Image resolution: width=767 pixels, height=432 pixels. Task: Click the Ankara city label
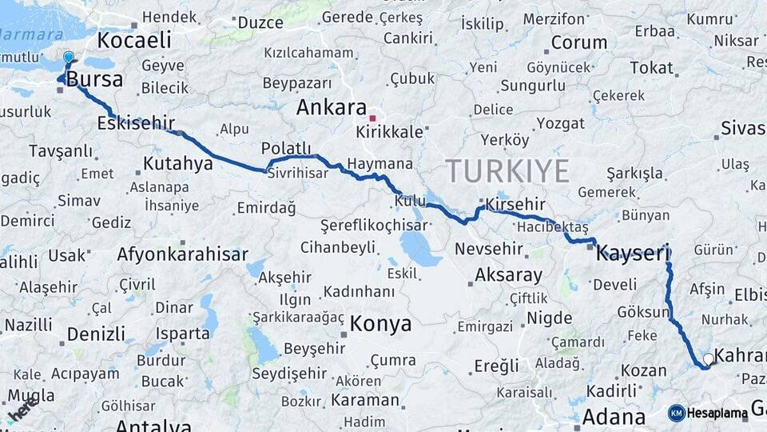click(x=331, y=108)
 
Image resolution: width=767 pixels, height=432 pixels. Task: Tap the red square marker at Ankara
click(x=372, y=118)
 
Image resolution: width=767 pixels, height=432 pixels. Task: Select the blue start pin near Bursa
click(x=69, y=58)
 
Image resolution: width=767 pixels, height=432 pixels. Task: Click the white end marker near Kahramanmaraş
click(x=708, y=359)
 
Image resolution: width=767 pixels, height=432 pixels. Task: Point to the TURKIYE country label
click(x=507, y=171)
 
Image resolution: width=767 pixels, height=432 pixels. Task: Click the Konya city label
click(x=381, y=324)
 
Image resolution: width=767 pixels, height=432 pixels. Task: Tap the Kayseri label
click(x=632, y=254)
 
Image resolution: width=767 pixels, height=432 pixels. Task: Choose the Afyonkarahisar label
click(x=182, y=255)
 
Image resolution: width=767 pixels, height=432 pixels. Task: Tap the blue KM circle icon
click(x=677, y=414)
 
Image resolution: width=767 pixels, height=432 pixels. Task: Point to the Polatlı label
click(x=286, y=148)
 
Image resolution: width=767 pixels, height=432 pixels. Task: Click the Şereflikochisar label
click(x=373, y=226)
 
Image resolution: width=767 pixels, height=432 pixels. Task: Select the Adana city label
click(x=614, y=417)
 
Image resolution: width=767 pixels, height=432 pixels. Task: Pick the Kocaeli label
click(x=134, y=40)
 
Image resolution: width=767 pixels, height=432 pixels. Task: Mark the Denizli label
click(x=96, y=334)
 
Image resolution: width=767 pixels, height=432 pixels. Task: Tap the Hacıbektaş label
click(x=552, y=227)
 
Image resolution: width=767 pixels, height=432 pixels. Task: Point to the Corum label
click(x=579, y=42)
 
